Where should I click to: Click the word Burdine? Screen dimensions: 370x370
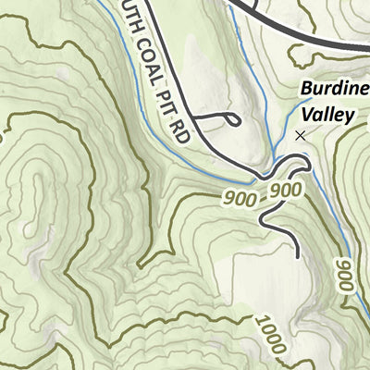pos(333,90)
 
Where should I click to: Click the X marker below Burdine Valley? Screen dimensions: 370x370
pos(299,135)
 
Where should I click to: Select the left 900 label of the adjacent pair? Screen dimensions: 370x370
pos(240,196)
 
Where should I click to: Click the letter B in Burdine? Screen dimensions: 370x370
pos(304,90)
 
